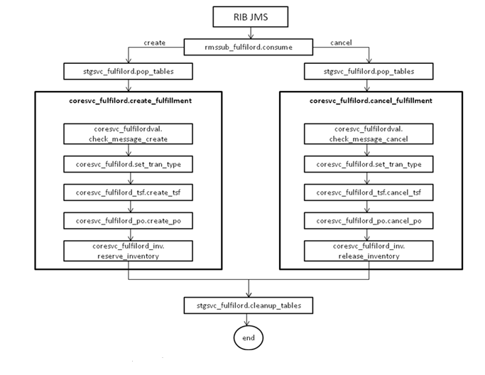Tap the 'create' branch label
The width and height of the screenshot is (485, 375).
click(x=154, y=43)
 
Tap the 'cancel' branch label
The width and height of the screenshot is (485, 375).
click(x=342, y=43)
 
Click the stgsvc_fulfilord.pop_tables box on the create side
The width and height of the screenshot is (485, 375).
click(x=128, y=72)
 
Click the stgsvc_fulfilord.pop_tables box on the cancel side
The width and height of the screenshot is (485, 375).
click(x=369, y=72)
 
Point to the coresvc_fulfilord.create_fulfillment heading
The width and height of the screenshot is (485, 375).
click(x=128, y=101)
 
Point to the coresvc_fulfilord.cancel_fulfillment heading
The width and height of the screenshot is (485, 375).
click(x=369, y=101)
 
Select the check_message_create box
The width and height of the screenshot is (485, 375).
click(x=128, y=134)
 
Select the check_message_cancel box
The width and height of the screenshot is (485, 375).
click(x=369, y=134)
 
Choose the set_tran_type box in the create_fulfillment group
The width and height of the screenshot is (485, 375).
click(x=128, y=164)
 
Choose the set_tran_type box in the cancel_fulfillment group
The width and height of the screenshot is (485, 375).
click(x=369, y=164)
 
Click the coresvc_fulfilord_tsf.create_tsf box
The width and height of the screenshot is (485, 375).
click(x=128, y=192)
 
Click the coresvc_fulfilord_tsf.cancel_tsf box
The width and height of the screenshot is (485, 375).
click(x=369, y=192)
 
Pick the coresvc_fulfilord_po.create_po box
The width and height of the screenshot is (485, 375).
click(x=128, y=221)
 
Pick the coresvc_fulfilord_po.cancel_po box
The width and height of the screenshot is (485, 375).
click(x=369, y=221)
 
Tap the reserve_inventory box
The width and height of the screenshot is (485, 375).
click(x=128, y=251)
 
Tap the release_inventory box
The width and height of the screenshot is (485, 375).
click(x=369, y=251)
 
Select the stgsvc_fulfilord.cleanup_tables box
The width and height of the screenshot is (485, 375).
click(x=248, y=306)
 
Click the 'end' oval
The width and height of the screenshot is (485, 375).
click(x=248, y=338)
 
